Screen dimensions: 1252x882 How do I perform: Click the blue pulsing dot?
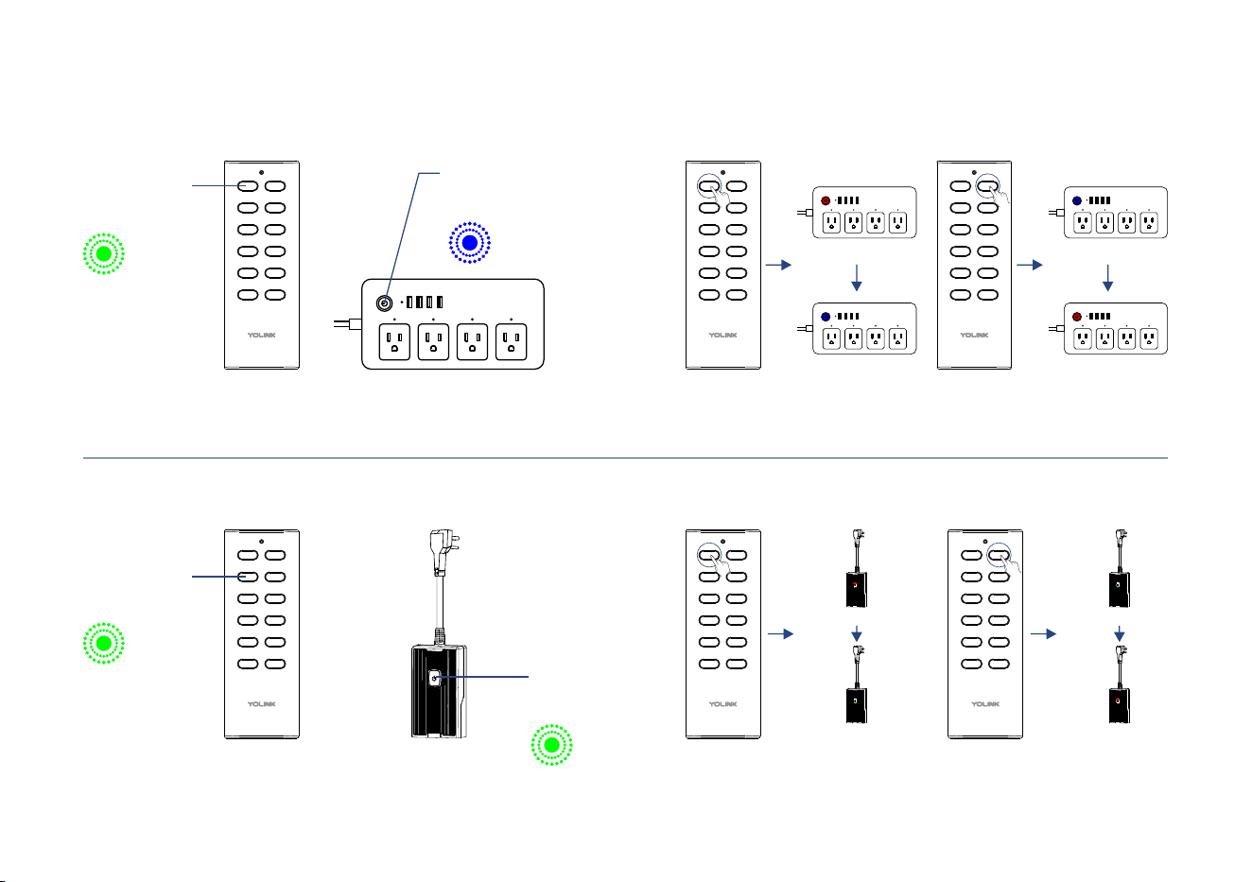[x=469, y=243]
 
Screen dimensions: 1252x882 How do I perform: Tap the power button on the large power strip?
[x=384, y=303]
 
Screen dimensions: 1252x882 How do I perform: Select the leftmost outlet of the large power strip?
[x=394, y=341]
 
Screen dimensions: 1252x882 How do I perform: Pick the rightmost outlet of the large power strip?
[x=511, y=341]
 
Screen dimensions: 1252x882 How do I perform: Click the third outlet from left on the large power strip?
[x=472, y=341]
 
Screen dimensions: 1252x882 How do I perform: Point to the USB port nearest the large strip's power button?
[x=409, y=303]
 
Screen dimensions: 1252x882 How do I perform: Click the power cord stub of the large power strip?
[x=348, y=323]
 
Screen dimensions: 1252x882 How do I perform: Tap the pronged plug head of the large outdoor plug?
[x=443, y=552]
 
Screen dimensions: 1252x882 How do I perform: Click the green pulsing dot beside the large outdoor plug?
[x=551, y=745]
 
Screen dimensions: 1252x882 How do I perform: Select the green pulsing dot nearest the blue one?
[x=104, y=253]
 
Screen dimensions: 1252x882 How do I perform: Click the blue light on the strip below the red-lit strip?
[x=826, y=317]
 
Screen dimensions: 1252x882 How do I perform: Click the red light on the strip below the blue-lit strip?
[x=1077, y=317]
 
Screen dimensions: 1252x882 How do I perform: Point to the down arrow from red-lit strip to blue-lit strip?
[x=857, y=278]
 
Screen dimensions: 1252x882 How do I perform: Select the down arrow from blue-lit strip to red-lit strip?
[x=1108, y=278]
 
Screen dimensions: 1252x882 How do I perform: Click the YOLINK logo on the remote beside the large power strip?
[x=262, y=335]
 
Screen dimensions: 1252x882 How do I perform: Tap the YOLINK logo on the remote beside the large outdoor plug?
[x=262, y=703]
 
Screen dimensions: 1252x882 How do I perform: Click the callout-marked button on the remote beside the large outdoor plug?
[x=248, y=577]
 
